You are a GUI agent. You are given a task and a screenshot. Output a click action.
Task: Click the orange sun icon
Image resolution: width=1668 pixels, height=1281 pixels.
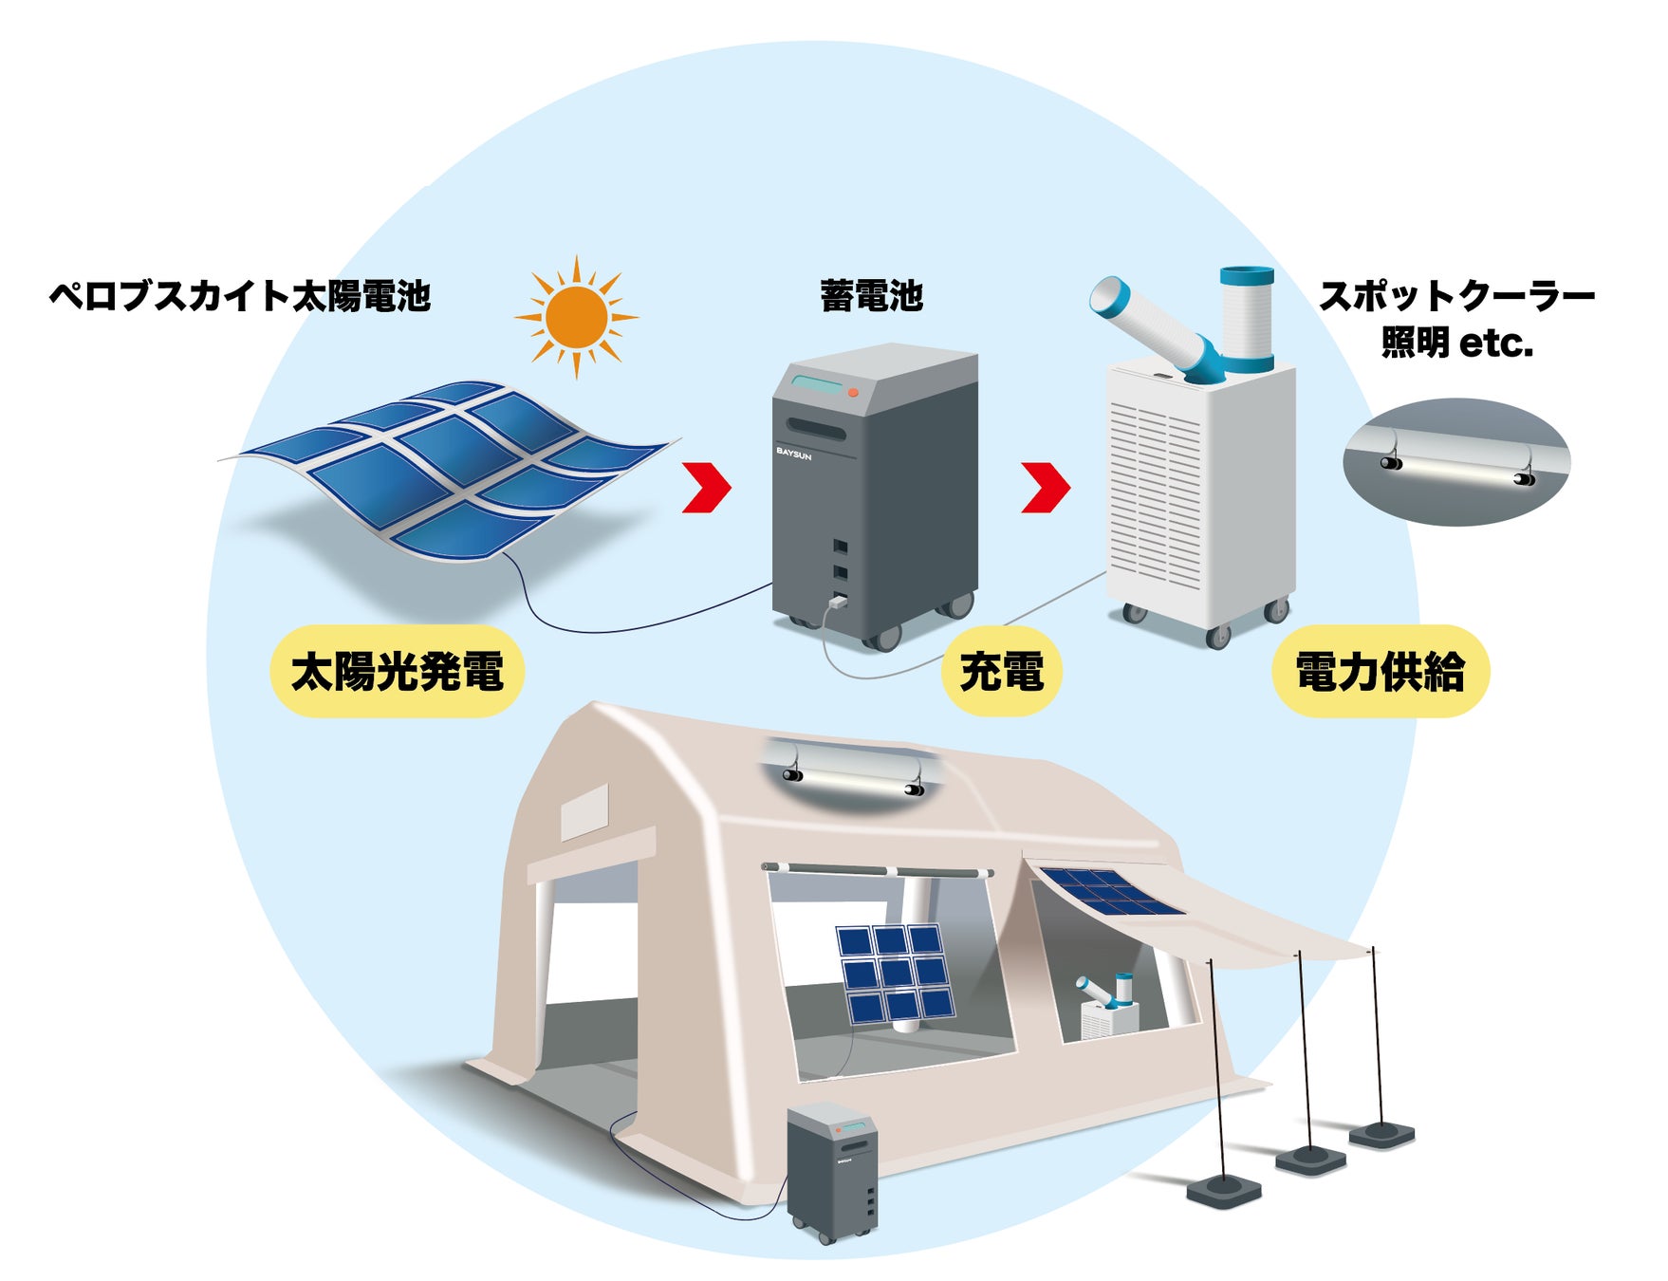[576, 317]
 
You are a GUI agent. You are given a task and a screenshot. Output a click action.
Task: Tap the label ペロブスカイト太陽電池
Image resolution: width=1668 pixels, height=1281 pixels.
[240, 296]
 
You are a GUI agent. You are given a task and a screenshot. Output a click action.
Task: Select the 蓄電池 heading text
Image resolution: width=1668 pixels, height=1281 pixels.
[871, 296]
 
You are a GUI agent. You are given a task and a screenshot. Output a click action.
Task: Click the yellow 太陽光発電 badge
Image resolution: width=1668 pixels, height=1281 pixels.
[397, 672]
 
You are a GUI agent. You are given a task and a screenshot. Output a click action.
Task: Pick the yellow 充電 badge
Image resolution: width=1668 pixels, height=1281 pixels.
[1001, 672]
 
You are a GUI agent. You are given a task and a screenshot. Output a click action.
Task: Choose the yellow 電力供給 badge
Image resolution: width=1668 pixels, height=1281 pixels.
[1380, 672]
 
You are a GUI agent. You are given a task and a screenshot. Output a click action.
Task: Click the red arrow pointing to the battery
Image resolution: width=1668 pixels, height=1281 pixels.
[708, 487]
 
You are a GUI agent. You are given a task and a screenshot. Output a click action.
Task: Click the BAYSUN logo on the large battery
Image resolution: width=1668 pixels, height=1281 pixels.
[794, 454]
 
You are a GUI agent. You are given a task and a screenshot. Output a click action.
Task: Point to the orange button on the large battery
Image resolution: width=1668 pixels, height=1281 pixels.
[853, 392]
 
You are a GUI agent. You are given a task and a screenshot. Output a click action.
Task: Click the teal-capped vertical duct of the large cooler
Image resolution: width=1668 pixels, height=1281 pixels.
[1247, 319]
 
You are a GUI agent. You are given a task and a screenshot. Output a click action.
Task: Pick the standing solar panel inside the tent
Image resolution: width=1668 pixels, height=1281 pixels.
[895, 973]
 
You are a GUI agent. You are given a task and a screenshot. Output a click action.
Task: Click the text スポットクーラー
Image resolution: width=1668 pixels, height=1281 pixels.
[1456, 297]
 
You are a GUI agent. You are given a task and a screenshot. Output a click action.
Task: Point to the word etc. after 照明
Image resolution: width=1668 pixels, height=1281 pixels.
[1496, 343]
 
